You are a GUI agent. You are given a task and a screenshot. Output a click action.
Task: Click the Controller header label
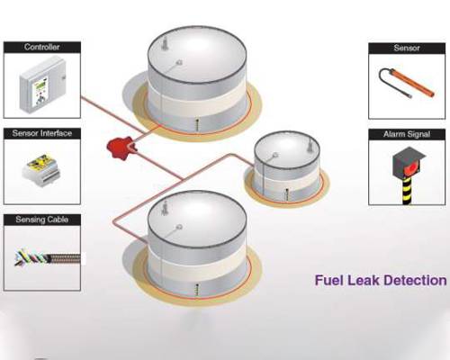[x=41, y=47]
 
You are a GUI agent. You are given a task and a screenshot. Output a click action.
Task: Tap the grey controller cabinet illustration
[x=42, y=83]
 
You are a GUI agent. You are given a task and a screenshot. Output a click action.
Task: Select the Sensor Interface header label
[x=42, y=133]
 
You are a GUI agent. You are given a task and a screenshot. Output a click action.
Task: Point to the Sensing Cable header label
[x=42, y=220]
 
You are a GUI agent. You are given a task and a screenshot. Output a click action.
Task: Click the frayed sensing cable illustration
[x=48, y=257]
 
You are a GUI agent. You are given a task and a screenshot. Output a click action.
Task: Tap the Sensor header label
[x=407, y=48]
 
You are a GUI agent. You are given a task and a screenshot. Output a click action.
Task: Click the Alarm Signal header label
[x=407, y=134]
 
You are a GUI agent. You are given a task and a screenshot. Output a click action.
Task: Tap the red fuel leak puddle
[x=121, y=148]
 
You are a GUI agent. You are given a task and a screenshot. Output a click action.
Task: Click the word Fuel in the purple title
[x=328, y=281]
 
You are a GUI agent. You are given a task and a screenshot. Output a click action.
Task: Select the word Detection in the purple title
[x=415, y=281]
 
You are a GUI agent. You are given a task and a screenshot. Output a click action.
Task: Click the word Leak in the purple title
[x=363, y=281]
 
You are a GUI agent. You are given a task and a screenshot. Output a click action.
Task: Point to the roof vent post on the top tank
[x=164, y=44]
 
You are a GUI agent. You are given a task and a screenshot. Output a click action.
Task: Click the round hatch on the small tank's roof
[x=274, y=156]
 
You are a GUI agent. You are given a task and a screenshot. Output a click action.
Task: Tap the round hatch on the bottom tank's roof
[x=179, y=227]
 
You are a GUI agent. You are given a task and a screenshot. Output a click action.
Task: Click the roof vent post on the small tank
[x=310, y=146]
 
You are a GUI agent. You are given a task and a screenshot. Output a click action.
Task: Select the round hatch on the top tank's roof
[x=179, y=63]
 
